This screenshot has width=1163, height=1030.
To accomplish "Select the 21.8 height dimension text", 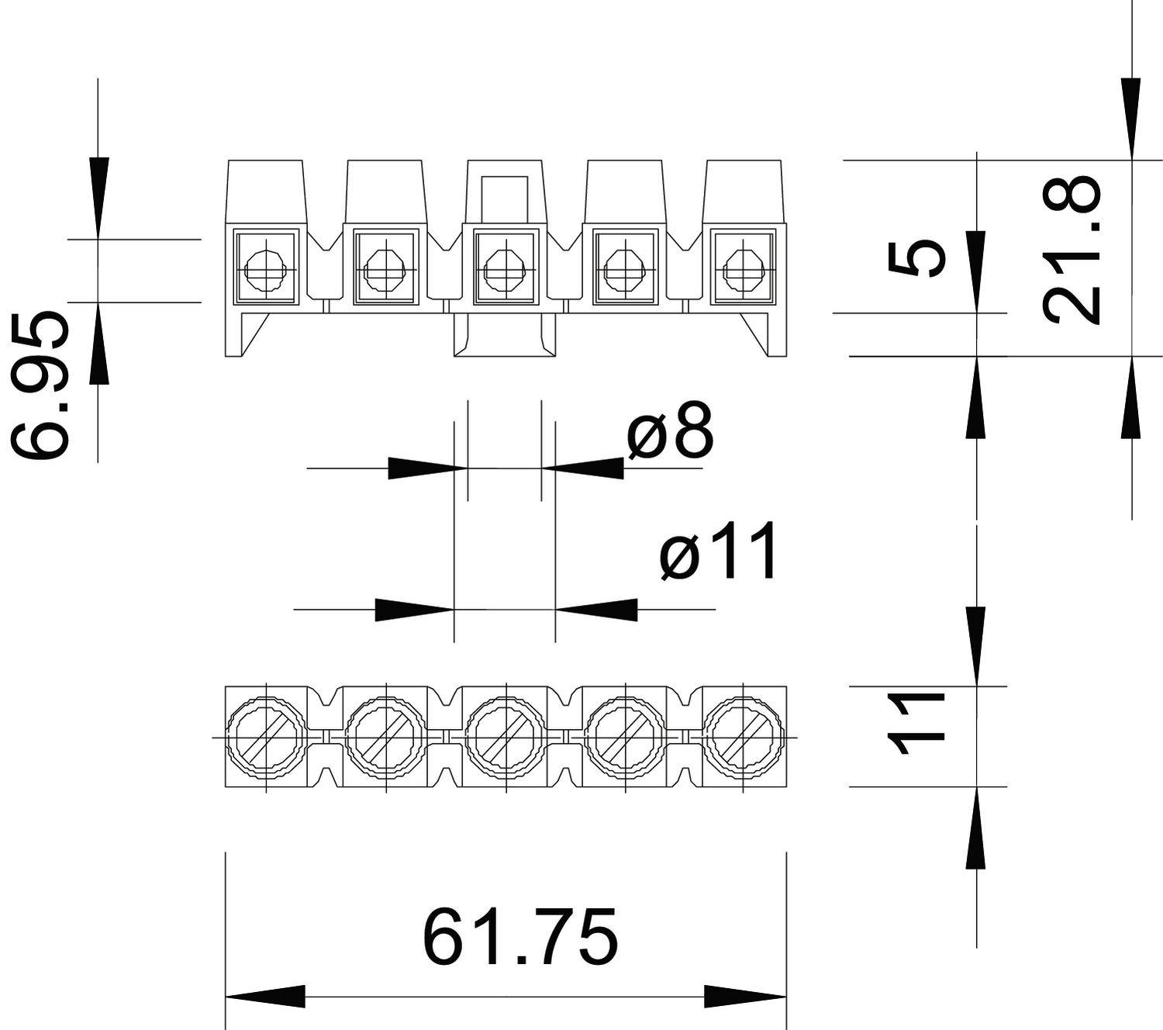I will point(1072,250).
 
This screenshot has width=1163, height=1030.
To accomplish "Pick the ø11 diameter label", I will point(719,552).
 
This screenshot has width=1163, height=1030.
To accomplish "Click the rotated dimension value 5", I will point(917,258).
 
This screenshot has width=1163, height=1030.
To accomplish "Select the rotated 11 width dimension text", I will point(917,724).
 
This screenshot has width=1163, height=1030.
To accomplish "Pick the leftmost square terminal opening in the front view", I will point(266,268).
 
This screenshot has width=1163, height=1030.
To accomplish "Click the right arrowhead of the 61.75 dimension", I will point(745,997).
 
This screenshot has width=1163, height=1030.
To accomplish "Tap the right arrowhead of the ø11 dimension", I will point(597,610).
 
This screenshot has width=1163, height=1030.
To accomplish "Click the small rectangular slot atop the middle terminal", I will point(506,199).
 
